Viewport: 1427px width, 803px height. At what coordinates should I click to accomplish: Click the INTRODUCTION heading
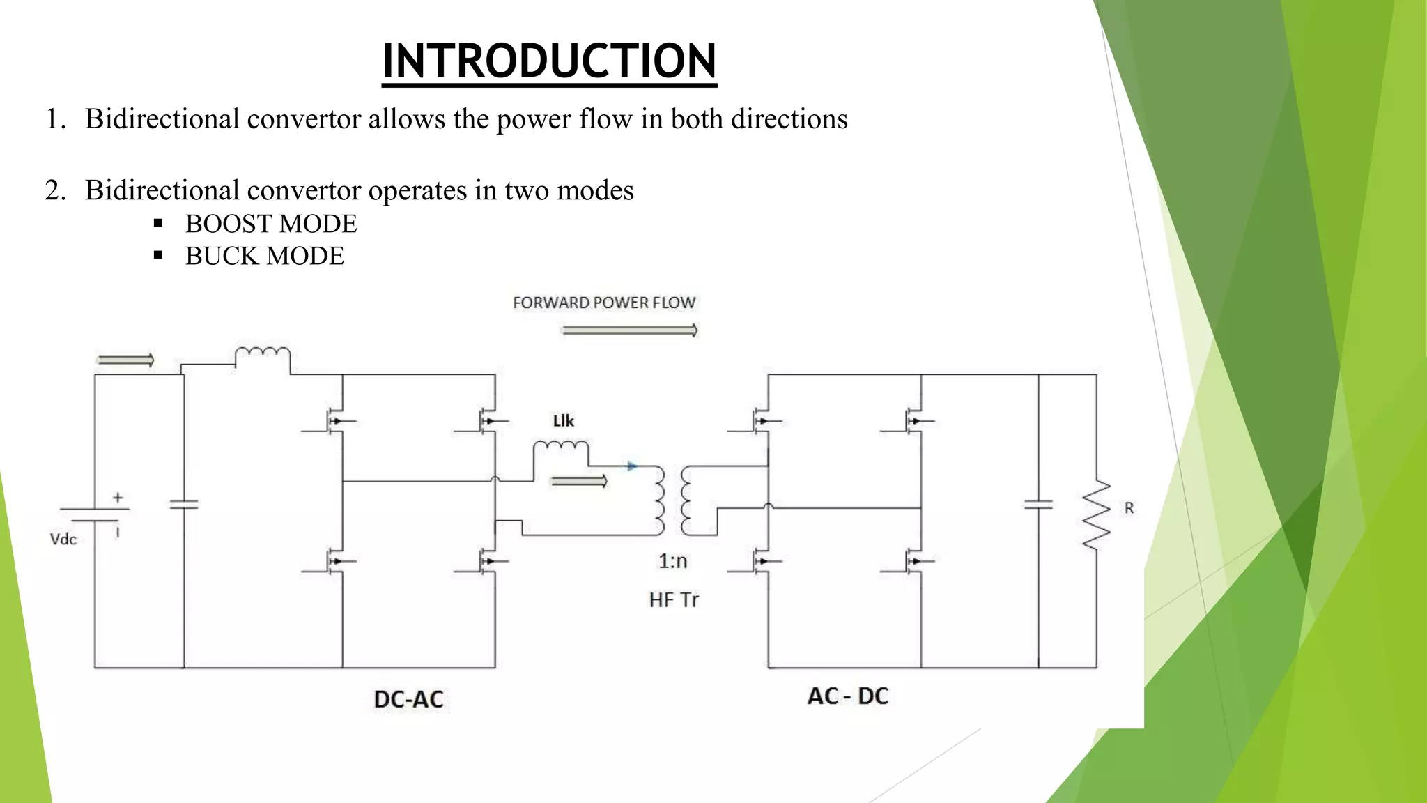549,61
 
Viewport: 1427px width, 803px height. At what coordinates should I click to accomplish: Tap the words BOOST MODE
271,224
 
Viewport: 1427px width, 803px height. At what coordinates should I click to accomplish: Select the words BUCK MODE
265,256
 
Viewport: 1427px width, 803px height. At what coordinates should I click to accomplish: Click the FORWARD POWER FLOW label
604,303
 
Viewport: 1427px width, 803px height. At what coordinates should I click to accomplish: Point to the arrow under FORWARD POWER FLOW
629,330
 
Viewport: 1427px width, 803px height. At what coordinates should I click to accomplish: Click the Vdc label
63,539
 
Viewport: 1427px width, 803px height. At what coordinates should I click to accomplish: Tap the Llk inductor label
563,420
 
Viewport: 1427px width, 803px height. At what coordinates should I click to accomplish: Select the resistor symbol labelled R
1096,514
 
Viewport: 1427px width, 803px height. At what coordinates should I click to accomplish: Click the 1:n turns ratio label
673,561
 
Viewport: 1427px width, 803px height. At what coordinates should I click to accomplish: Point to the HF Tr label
673,599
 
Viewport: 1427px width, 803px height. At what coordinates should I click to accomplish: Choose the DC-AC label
408,699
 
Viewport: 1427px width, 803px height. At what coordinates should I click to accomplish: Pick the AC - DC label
848,696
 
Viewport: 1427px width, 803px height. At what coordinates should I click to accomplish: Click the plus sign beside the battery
118,498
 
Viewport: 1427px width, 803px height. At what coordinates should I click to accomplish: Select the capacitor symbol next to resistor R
1038,504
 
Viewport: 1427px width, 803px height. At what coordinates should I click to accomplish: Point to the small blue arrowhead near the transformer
632,466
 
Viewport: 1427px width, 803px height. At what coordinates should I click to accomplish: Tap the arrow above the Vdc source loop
125,360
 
